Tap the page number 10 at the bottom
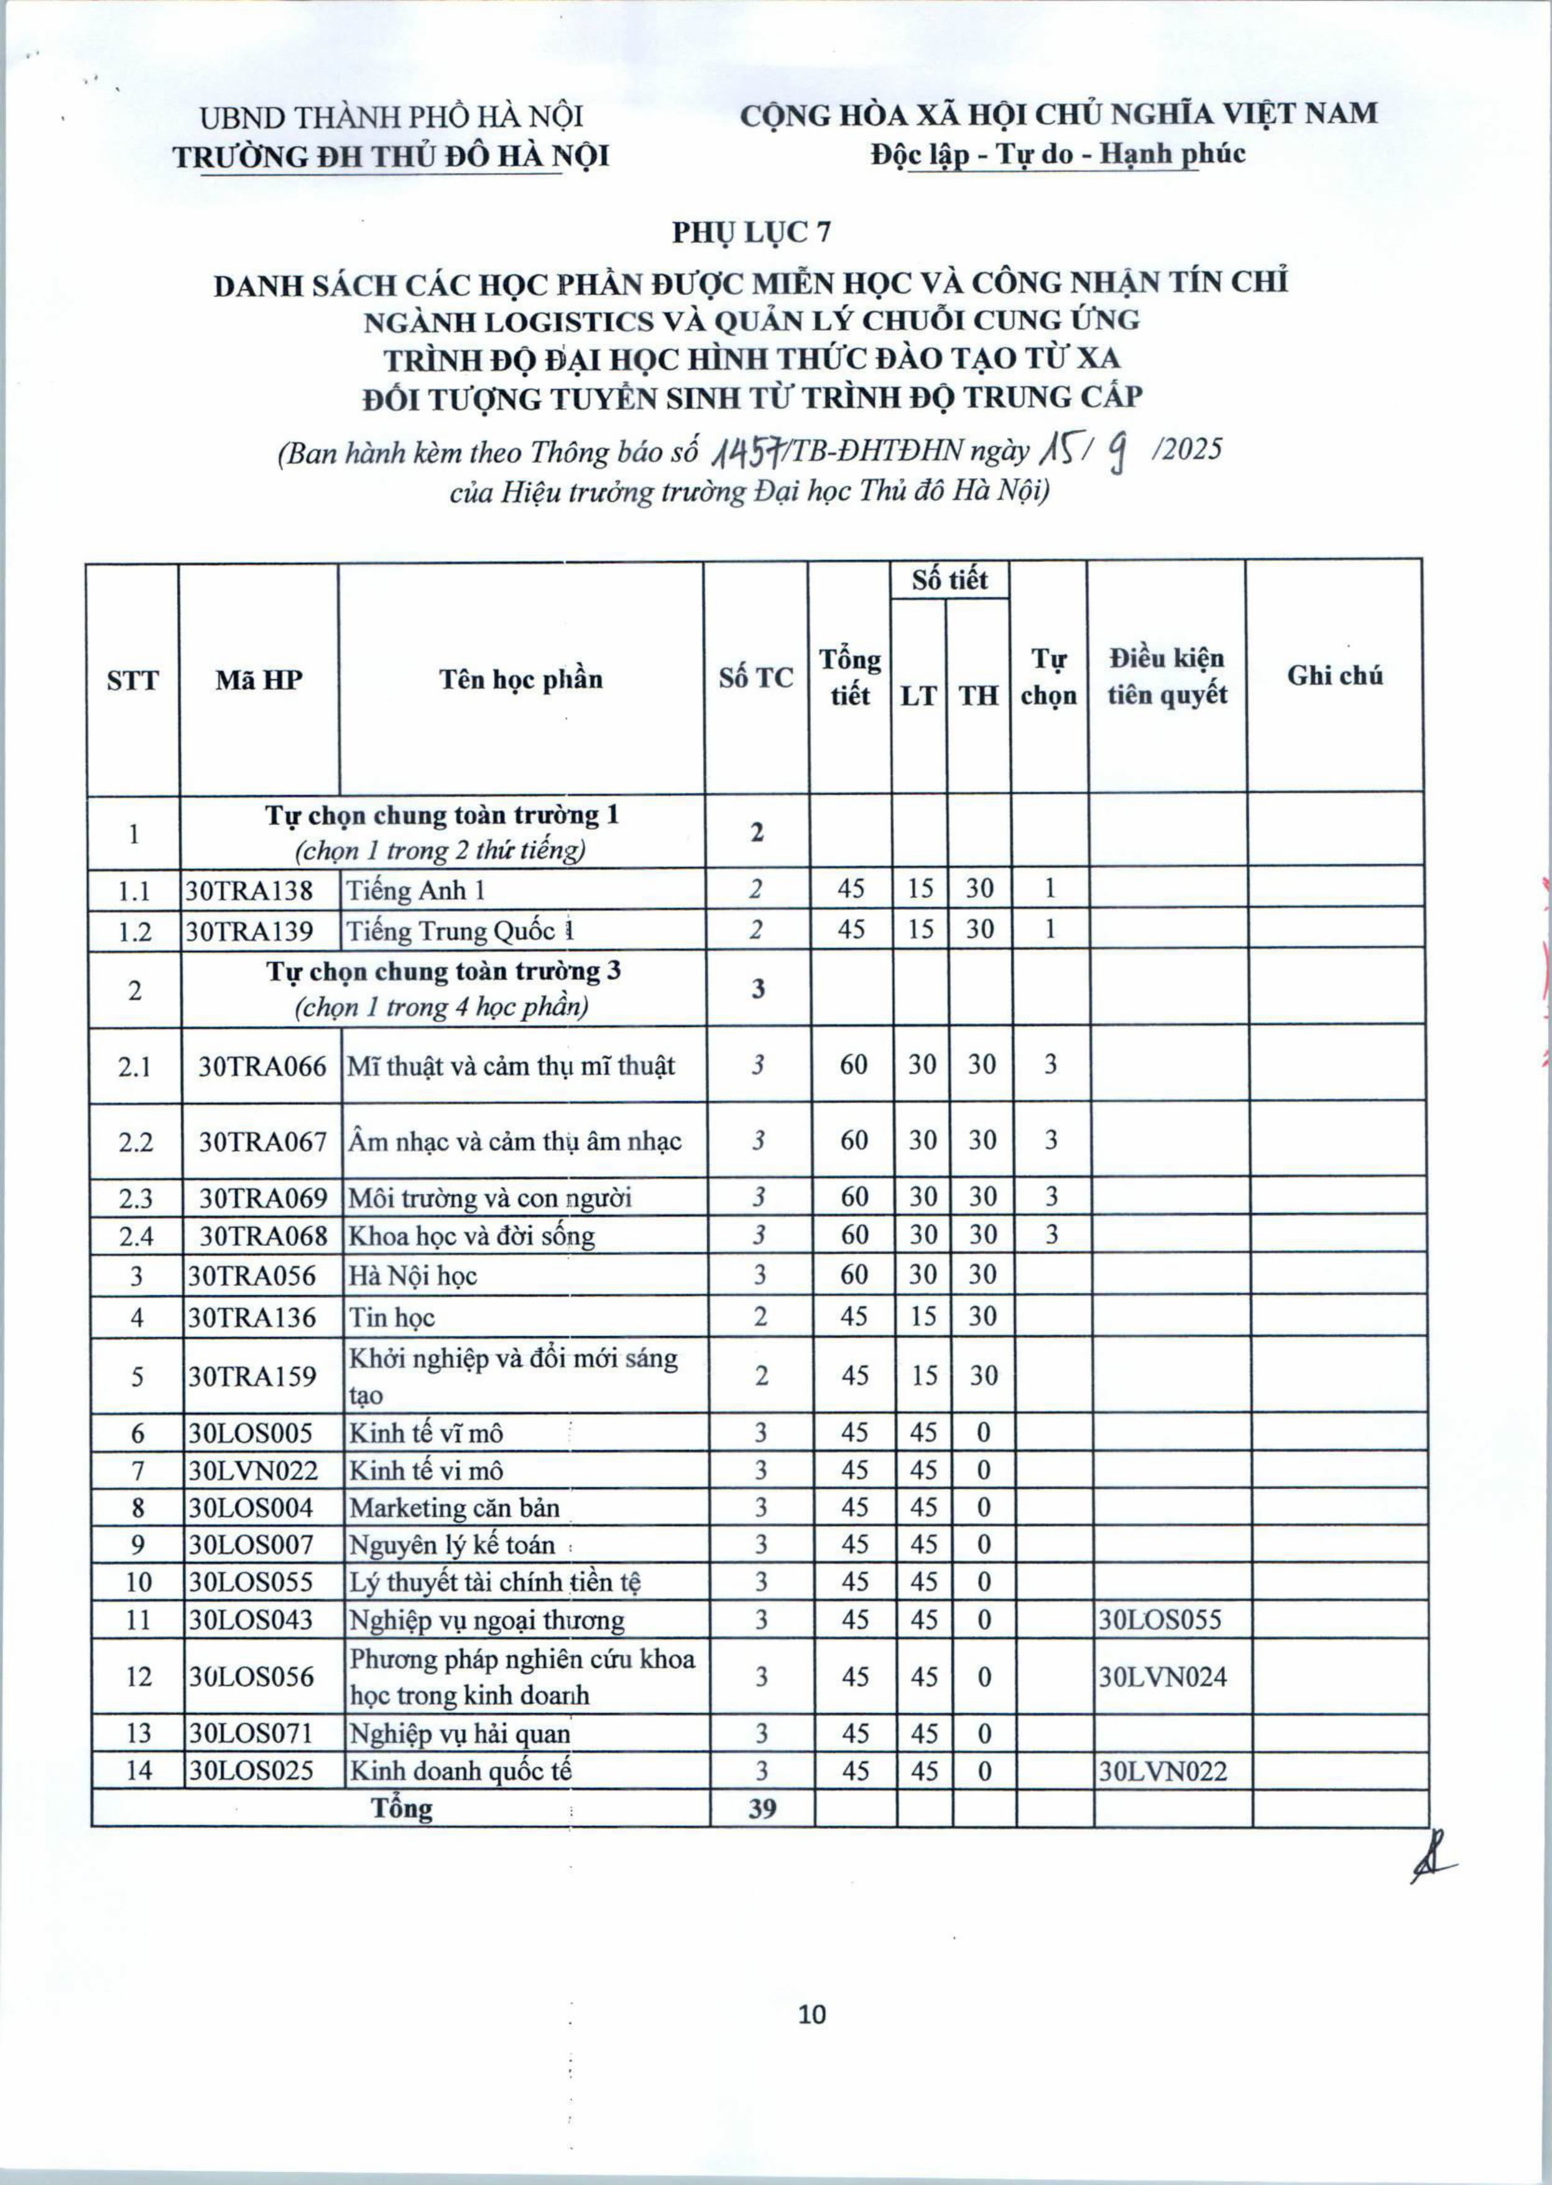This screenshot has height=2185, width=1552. (811, 2014)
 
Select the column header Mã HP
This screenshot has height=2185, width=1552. (259, 680)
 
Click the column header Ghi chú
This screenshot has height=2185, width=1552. (1334, 675)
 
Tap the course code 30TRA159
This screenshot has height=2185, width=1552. (251, 1375)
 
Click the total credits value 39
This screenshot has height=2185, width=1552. (762, 1807)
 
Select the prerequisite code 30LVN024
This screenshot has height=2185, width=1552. (1162, 1676)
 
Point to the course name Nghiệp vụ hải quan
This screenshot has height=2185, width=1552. (460, 1733)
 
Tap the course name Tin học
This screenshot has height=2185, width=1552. (392, 1317)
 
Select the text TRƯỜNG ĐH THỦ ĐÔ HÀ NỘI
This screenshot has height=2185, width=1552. (391, 155)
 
